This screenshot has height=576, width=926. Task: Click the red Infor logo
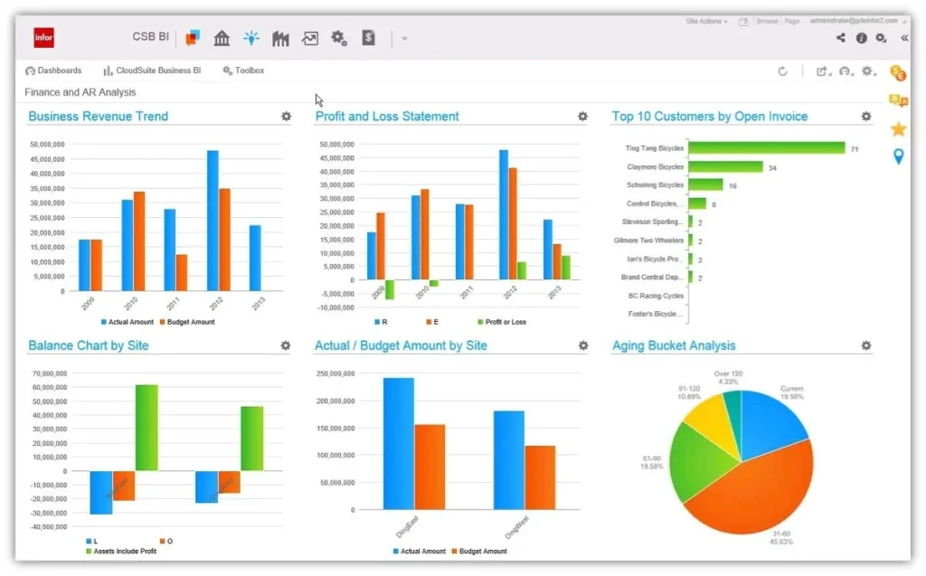44,37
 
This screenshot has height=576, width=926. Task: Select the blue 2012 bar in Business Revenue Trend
213,221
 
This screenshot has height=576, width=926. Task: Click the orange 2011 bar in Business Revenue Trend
182,272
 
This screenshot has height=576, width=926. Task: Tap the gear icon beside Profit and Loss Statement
582,117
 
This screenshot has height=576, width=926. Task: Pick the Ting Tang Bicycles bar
766,148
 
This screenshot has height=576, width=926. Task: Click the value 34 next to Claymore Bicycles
772,167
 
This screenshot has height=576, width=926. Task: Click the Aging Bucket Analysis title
674,345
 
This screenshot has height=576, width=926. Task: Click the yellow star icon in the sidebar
898,129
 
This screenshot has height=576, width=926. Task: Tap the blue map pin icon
898,157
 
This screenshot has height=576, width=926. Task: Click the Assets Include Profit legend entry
123,552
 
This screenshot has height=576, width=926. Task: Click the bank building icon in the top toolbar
222,38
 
